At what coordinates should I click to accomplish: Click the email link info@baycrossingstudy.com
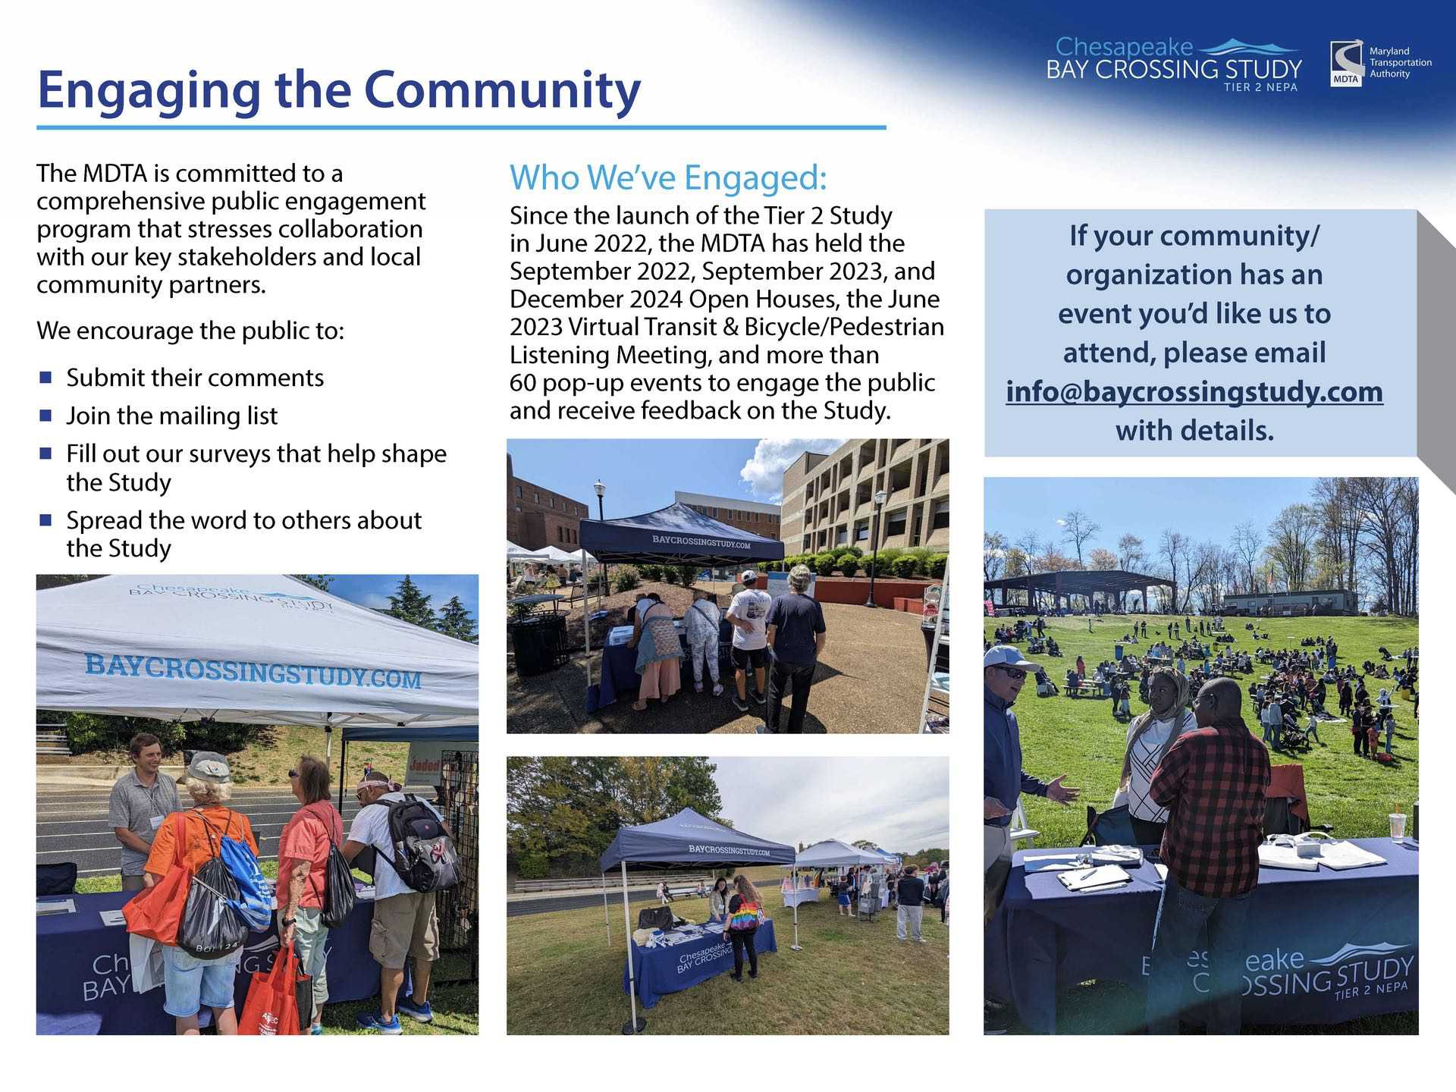(x=1194, y=392)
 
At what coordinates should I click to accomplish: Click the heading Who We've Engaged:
(x=668, y=177)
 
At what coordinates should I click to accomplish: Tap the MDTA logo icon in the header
(x=1346, y=64)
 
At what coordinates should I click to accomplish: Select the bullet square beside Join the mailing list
(x=45, y=416)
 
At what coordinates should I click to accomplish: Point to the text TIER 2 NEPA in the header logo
(x=1260, y=87)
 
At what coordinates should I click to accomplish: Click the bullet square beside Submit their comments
(x=45, y=377)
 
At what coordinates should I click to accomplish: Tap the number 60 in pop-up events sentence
(x=522, y=383)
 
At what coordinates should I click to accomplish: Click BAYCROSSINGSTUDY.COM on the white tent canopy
(x=253, y=670)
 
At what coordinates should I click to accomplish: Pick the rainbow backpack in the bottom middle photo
(x=746, y=914)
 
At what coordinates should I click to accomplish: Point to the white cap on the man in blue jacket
(x=1011, y=656)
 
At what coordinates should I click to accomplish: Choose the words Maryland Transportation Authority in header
(x=1400, y=62)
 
